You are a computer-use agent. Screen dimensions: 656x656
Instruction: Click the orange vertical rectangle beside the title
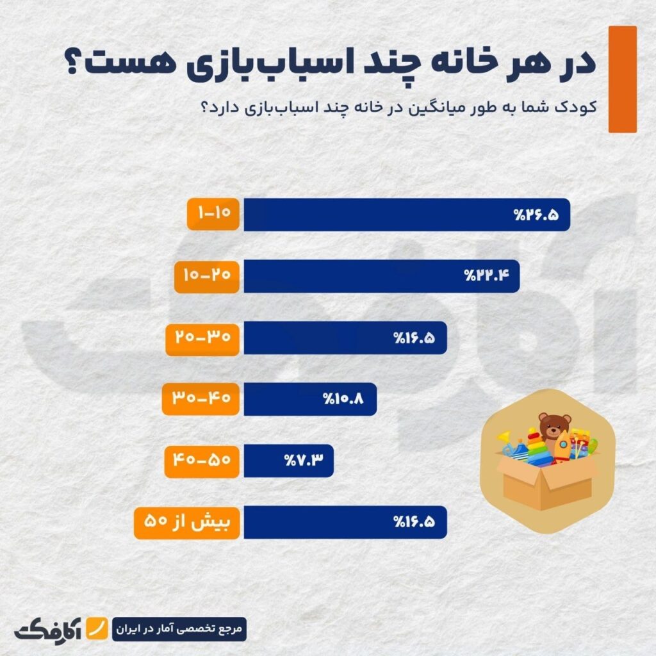pyautogui.click(x=622, y=79)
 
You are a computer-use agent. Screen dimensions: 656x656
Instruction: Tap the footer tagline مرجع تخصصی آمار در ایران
pyautogui.click(x=179, y=628)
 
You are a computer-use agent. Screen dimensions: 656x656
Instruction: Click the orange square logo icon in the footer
pyautogui.click(x=97, y=628)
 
